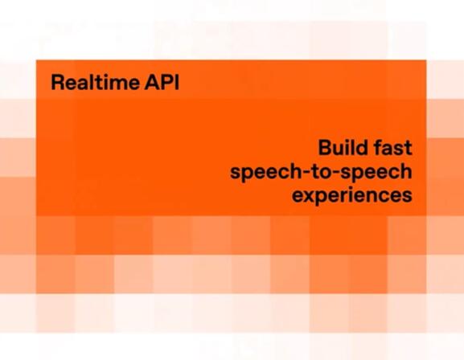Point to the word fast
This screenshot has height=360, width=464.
point(392,148)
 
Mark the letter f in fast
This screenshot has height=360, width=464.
point(378,148)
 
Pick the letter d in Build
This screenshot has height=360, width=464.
point(362,148)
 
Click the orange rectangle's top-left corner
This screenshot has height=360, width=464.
point(36,60)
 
